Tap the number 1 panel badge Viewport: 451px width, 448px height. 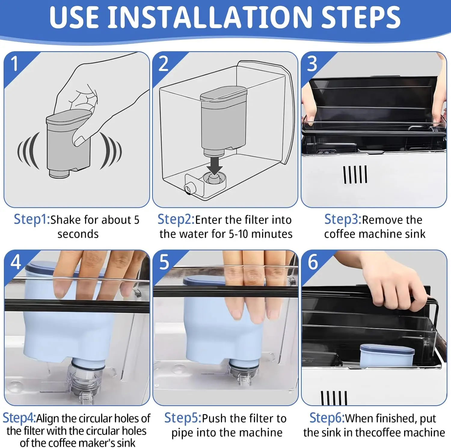[15, 64]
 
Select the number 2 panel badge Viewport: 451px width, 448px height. [163, 64]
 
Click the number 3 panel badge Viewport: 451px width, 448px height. [312, 64]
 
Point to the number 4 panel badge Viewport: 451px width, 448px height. [16, 262]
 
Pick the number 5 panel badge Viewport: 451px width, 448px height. [164, 262]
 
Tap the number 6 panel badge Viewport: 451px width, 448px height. [313, 262]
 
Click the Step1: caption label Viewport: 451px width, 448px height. [32, 220]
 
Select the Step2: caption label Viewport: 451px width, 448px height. [176, 220]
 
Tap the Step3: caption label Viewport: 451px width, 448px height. [343, 220]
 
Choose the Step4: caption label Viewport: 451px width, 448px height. [19, 418]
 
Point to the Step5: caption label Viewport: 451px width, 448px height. [183, 418]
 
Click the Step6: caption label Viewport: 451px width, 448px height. [327, 418]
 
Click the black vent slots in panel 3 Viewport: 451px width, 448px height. [355, 175]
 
